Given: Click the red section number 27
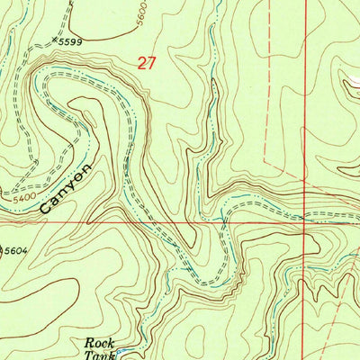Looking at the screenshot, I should (x=152, y=63).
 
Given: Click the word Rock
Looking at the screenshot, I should (x=101, y=342).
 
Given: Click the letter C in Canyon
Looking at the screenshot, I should (x=47, y=208).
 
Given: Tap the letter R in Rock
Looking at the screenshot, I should (x=89, y=342).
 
